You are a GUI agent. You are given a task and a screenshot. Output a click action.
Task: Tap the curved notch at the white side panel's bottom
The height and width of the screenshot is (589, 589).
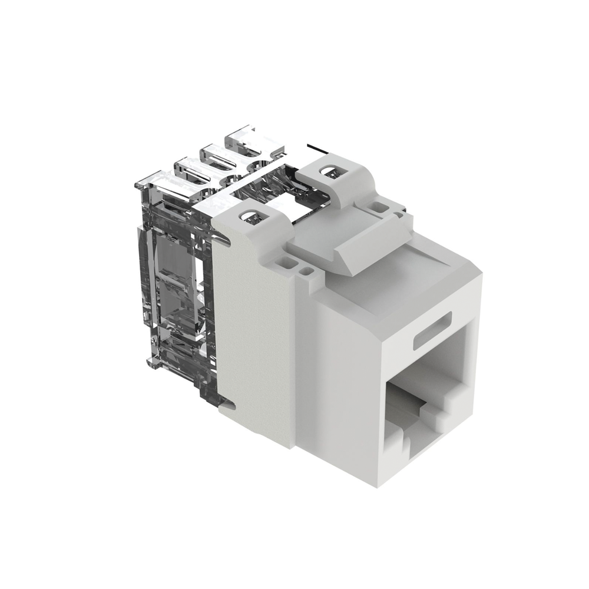coord(231,406)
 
